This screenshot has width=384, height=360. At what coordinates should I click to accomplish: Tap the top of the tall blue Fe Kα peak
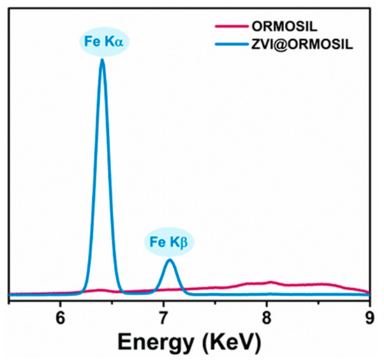pyautogui.click(x=103, y=60)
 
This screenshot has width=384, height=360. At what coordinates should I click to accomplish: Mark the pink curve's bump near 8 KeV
pyautogui.click(x=271, y=283)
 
